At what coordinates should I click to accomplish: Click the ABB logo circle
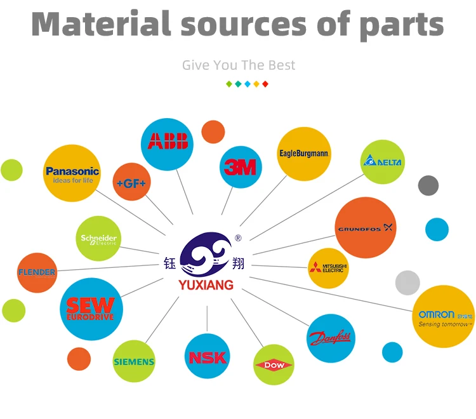click(168, 141)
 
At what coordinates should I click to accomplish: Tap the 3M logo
click(241, 167)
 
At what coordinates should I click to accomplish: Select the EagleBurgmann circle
click(304, 154)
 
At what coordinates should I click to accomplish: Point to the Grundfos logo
click(365, 228)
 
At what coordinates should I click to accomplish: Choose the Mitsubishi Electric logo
click(328, 268)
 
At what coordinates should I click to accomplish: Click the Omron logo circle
click(444, 317)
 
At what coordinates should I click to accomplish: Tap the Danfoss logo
click(331, 338)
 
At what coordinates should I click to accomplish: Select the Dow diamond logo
click(274, 365)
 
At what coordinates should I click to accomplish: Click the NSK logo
click(208, 357)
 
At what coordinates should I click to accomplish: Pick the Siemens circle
click(134, 361)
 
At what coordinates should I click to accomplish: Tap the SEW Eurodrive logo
click(91, 309)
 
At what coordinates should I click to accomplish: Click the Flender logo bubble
click(37, 272)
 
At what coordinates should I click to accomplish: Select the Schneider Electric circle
click(98, 239)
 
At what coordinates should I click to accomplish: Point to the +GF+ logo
click(131, 182)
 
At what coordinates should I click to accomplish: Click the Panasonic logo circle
click(72, 173)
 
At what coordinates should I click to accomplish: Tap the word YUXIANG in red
click(206, 286)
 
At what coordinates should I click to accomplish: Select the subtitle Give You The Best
click(238, 65)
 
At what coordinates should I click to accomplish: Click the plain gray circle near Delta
click(428, 185)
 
